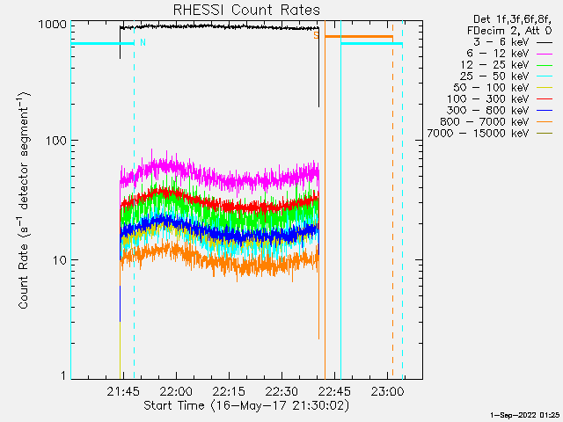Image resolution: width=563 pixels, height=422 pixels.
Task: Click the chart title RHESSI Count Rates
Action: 246,10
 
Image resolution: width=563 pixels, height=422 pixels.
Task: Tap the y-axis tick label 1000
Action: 51,25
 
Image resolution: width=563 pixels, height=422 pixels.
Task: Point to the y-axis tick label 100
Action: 55,140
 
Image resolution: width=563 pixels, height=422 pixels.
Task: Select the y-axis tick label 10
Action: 58,260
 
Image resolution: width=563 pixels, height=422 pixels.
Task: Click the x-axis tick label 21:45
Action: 123,390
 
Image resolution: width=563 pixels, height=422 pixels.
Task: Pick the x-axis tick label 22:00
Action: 176,390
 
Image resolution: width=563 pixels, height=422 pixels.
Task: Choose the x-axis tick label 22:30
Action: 281,390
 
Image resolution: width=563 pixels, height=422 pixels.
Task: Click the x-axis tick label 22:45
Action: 333,390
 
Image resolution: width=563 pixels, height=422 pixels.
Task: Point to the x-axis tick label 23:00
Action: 386,390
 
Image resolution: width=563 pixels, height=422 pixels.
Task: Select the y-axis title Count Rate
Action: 26,200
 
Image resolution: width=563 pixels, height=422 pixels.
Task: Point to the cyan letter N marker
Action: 143,41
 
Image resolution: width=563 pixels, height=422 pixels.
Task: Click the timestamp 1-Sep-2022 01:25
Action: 526,413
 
